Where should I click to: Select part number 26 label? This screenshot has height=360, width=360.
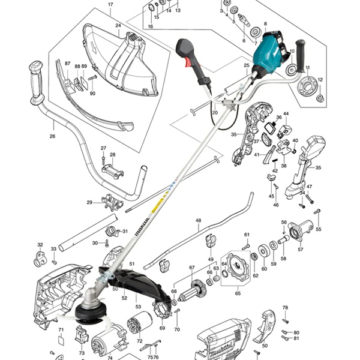(x=52, y=136)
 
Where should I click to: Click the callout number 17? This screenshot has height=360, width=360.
(x=110, y=5)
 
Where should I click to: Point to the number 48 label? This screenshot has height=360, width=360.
(x=199, y=220)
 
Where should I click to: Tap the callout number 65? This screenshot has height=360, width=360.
(x=238, y=293)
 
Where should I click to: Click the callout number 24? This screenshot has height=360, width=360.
(x=118, y=25)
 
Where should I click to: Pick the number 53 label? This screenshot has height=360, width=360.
(x=138, y=307)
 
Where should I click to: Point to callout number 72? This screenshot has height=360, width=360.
(x=140, y=341)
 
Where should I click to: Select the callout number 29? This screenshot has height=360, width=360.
(x=89, y=203)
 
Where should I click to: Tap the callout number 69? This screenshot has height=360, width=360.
(x=162, y=328)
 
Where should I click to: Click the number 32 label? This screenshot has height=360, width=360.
(x=40, y=245)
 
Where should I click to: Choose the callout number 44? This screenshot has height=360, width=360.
(x=286, y=113)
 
